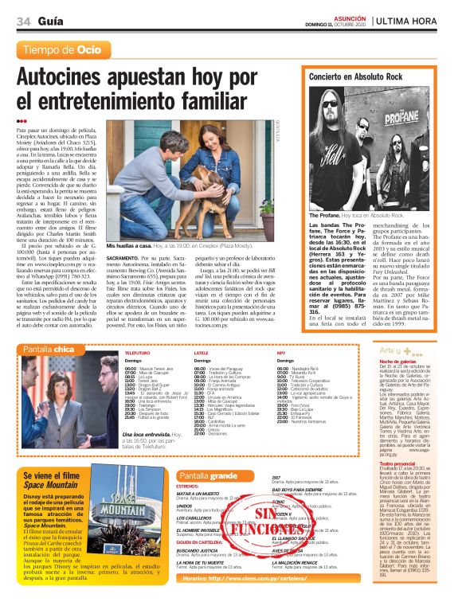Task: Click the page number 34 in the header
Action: (22, 21)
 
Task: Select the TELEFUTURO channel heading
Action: (137, 352)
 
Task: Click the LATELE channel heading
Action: (202, 352)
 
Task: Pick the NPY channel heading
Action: (281, 352)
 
